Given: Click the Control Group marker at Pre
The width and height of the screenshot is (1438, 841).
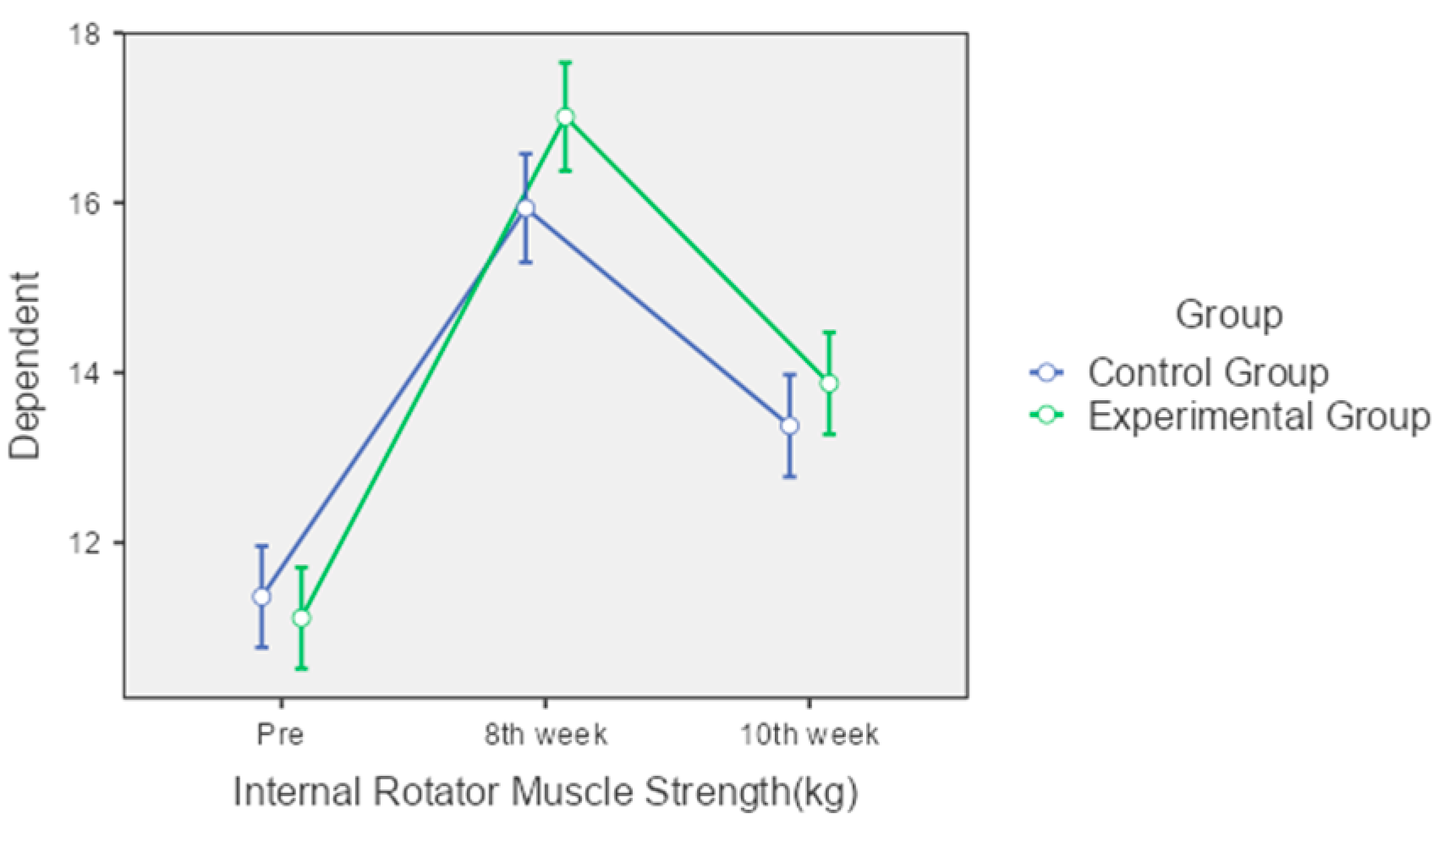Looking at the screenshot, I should coord(262,596).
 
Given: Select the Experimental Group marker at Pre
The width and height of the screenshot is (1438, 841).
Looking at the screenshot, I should coord(301,618).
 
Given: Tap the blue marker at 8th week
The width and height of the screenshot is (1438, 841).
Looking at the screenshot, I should coord(525,208).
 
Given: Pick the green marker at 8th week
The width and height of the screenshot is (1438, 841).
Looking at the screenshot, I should coord(565,117).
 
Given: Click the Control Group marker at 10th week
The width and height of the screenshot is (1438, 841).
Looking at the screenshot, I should coord(789,426).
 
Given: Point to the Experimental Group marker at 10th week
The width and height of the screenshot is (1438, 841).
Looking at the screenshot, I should coord(829,383).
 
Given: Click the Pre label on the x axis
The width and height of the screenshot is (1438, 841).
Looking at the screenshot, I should coord(280,734).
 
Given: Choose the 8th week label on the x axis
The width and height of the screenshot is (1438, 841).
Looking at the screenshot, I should coord(546,734).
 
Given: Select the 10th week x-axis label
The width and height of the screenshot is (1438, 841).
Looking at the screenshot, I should coord(810,734).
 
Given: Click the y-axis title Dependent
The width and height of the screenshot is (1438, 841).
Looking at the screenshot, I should coord(25,366).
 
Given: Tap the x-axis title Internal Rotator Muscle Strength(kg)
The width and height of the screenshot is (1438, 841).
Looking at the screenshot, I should coord(546,793).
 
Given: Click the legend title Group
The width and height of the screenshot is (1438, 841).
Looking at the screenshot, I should coord(1228,315).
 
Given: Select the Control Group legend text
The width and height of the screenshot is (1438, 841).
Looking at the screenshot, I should coord(1208,372).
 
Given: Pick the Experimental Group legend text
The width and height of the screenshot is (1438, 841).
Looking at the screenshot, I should coord(1259,416).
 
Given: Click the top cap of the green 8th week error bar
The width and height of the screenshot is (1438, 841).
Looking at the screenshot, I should coord(565,62).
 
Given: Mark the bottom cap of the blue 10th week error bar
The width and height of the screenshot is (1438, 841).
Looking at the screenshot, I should coord(789,476).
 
